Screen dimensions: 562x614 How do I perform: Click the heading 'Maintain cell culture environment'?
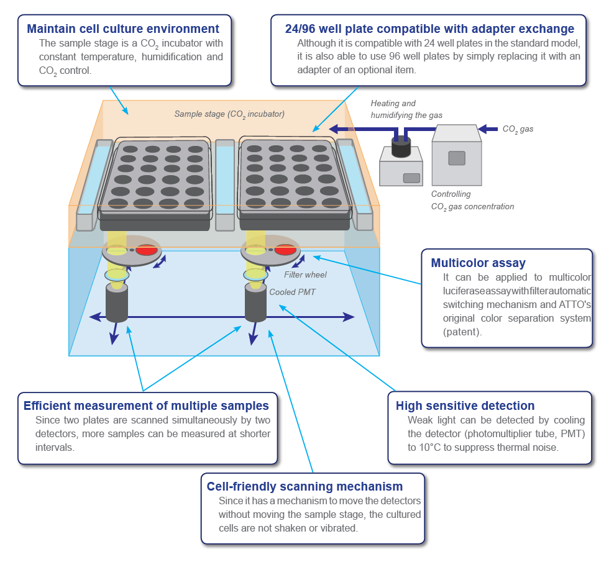pos(123,29)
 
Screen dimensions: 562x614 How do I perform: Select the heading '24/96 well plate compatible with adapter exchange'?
pos(429,29)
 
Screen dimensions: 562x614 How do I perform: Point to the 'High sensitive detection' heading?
pos(465,406)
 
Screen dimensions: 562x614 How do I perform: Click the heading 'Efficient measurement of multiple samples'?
pos(146,406)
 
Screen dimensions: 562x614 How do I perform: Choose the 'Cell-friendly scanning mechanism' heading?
pos(305,486)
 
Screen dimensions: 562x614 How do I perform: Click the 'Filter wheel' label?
pos(305,274)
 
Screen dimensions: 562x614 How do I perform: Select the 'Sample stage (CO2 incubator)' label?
pos(229,114)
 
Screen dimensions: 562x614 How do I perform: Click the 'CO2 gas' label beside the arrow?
pos(518,129)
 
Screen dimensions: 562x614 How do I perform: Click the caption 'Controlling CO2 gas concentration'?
pos(472,201)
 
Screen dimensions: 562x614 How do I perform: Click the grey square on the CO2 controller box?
pos(457,158)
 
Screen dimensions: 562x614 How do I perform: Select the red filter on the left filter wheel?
pos(147,250)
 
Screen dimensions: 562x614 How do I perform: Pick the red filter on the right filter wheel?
pos(285,250)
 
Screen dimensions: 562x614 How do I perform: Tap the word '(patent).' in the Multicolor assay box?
pos(462,332)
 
